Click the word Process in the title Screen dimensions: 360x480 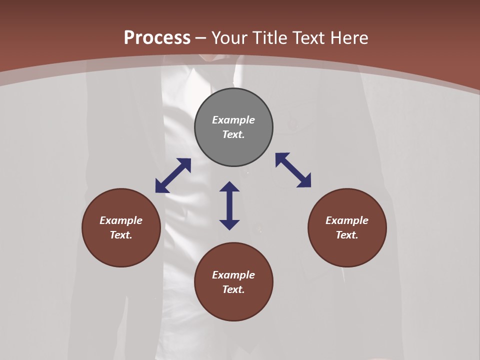(x=157, y=38)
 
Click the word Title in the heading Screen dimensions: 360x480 (x=270, y=38)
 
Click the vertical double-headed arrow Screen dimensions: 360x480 (x=229, y=205)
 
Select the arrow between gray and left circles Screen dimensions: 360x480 (x=173, y=175)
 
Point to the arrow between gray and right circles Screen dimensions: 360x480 (x=293, y=170)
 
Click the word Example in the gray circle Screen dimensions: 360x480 (x=233, y=120)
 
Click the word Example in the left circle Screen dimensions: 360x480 (x=121, y=220)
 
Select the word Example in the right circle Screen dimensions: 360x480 (x=347, y=220)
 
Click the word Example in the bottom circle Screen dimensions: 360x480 (x=233, y=275)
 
